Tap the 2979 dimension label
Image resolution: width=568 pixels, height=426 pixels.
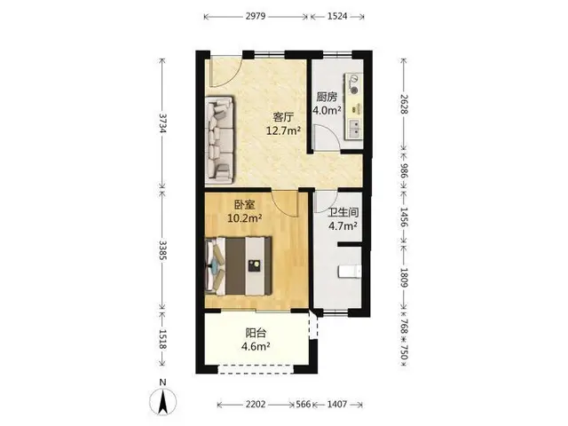click(x=256, y=16)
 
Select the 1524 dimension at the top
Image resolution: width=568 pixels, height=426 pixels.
click(x=337, y=16)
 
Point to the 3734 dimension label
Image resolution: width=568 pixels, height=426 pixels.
click(x=162, y=123)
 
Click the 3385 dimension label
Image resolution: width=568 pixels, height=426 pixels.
click(x=162, y=250)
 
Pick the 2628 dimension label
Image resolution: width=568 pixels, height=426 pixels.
click(x=404, y=104)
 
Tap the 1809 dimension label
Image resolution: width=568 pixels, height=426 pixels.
click(x=404, y=278)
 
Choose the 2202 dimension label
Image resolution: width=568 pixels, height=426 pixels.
click(x=256, y=404)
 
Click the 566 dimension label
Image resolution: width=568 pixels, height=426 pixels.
click(x=304, y=404)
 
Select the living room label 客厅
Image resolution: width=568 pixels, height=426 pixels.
click(x=283, y=118)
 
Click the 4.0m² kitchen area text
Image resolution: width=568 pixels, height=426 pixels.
click(x=327, y=110)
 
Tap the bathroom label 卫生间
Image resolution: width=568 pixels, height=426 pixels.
click(x=343, y=212)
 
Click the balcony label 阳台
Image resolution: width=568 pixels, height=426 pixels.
click(x=256, y=333)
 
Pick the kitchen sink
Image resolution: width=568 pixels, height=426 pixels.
click(x=355, y=129)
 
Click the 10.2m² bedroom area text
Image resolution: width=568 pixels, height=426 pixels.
click(x=245, y=218)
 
